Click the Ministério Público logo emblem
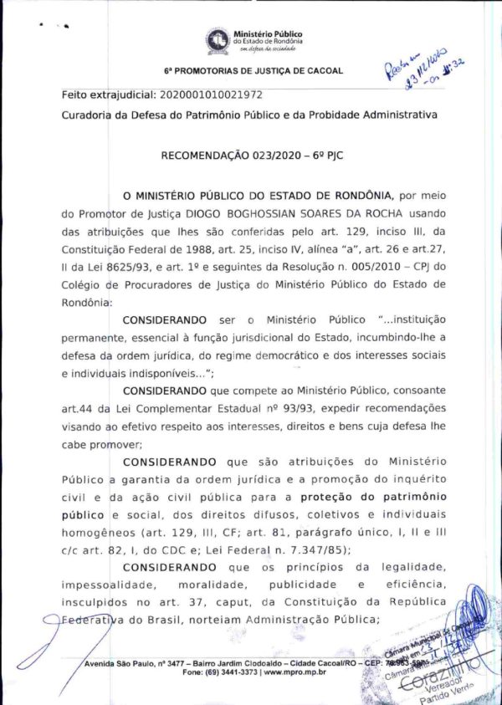(218, 38)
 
